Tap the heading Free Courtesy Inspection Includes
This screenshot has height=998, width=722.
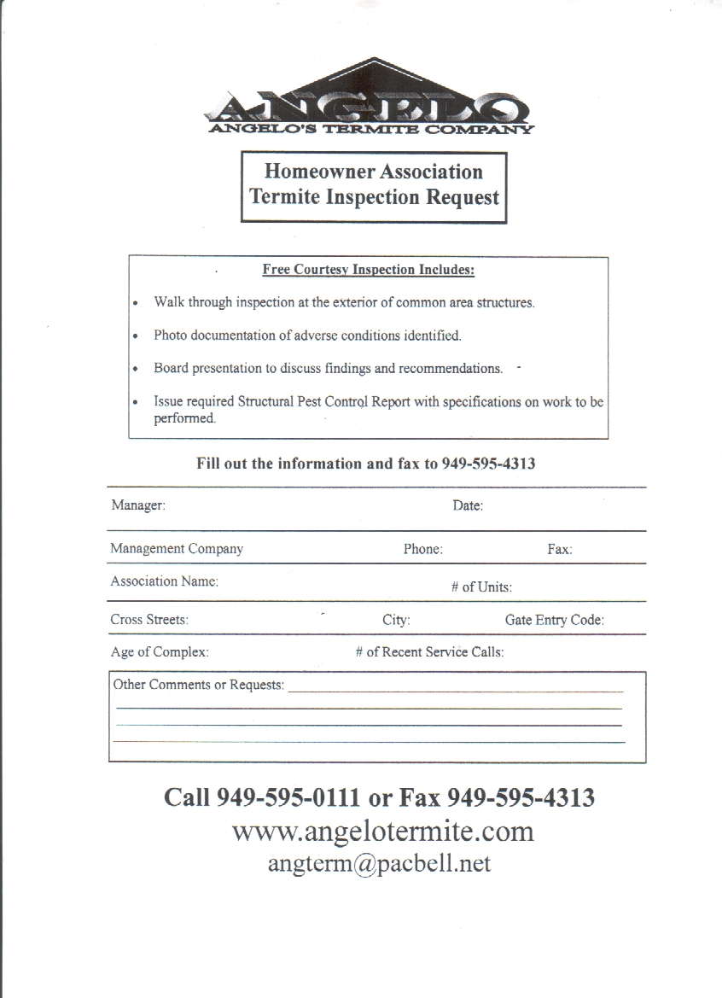(368, 270)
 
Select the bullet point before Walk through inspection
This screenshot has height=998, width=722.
(137, 303)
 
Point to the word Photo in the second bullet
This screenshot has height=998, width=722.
(170, 336)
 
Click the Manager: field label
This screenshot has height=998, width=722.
(138, 505)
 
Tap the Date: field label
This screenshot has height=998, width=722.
(468, 506)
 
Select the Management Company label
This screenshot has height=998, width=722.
(177, 549)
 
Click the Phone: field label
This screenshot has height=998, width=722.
(422, 550)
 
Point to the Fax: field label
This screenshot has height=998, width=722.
(560, 550)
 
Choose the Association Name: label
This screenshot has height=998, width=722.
(164, 581)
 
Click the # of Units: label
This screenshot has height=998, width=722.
(481, 587)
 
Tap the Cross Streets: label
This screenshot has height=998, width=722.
(149, 620)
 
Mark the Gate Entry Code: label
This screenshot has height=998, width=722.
(554, 621)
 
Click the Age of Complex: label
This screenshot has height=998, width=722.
(160, 652)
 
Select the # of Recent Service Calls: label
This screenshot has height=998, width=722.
(429, 652)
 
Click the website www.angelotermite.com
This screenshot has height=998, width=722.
(382, 831)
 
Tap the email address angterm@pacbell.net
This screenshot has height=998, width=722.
(379, 863)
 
